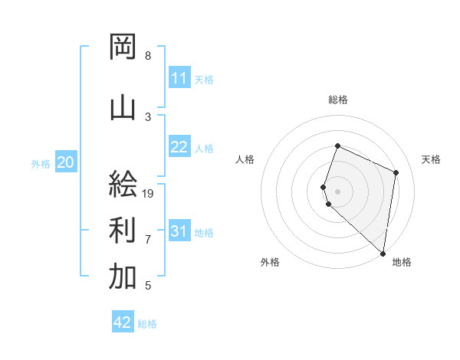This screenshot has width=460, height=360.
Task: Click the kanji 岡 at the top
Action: pos(123,47)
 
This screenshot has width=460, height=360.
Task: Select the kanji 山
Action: pos(123,108)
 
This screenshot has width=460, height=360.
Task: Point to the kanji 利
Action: pos(123,229)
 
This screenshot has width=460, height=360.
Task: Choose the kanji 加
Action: pos(123,277)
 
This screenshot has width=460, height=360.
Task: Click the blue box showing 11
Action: pos(179,78)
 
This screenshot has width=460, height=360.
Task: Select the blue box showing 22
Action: pos(179,147)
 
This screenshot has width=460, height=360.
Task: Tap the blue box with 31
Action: pos(179,231)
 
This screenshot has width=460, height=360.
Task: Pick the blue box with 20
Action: pos(66,162)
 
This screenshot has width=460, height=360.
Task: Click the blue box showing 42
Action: pos(123,322)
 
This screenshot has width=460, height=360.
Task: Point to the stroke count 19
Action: pos(149,194)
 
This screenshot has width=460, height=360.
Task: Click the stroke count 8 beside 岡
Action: pos(148,56)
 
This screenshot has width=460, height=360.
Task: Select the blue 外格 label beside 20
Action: pos(41,163)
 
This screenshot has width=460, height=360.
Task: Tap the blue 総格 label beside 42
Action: pos(147,324)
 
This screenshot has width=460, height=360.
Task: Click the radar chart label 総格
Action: pos(338,100)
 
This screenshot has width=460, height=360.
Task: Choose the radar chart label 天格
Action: pos(432,159)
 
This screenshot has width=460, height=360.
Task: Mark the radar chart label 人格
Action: pos(245,159)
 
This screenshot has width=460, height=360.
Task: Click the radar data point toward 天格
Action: pos(396,172)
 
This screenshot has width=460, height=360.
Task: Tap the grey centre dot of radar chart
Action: pos(338,191)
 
